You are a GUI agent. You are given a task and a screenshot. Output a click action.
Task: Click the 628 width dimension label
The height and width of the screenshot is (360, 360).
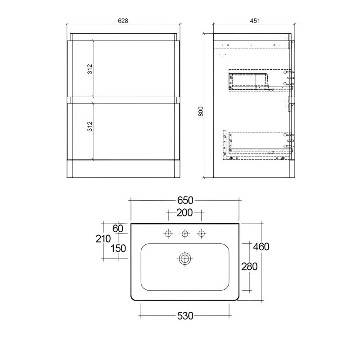[x=123, y=21]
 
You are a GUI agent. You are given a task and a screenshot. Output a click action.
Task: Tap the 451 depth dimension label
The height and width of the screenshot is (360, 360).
[x=255, y=21]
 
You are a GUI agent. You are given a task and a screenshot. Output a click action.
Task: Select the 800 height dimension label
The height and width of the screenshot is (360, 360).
[x=201, y=111]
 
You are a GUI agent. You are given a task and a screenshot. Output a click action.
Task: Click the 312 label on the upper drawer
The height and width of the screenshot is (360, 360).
[x=90, y=69]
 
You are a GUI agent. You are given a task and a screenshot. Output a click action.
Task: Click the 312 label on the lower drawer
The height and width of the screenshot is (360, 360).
[x=90, y=126]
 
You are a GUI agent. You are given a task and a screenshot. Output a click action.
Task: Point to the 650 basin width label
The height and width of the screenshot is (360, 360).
[x=185, y=200]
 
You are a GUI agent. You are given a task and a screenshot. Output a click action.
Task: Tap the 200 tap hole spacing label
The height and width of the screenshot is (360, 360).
[x=184, y=213]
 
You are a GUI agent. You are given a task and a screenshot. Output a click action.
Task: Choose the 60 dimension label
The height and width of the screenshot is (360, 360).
[x=118, y=229]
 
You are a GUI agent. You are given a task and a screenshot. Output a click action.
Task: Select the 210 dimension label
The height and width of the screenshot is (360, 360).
[x=103, y=239]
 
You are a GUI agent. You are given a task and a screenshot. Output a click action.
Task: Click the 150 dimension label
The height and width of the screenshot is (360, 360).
[x=118, y=249]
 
